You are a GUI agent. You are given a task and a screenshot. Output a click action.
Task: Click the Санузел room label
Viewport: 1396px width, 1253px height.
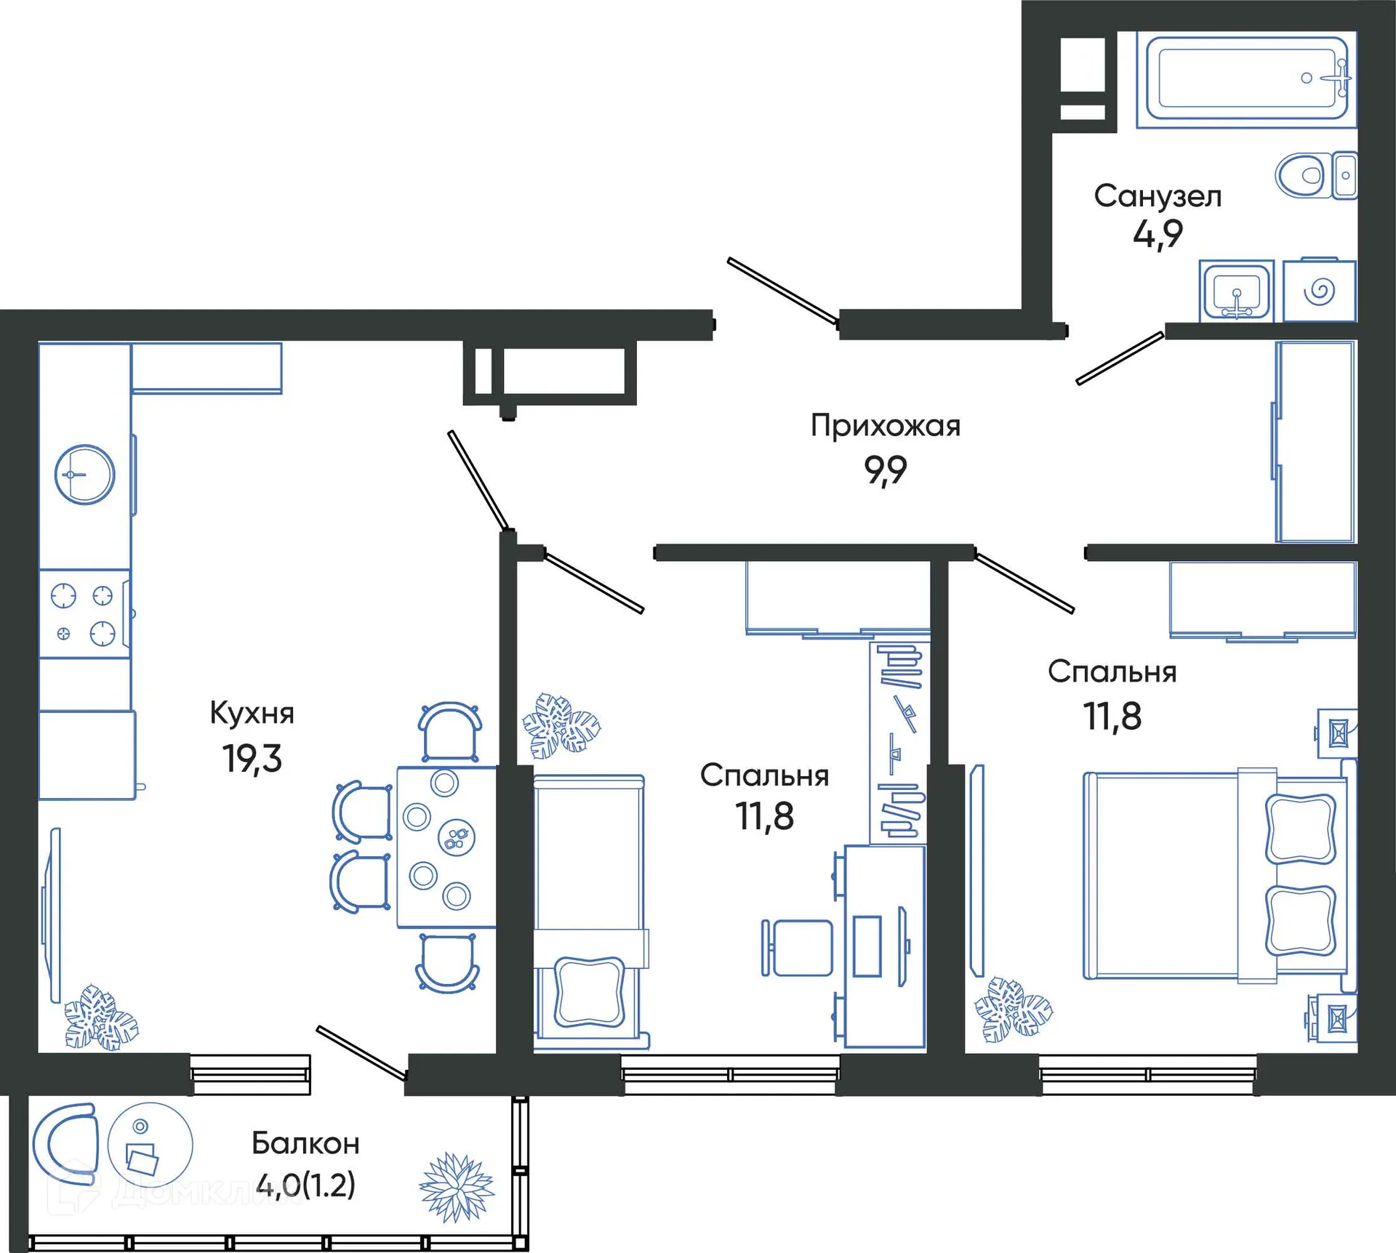(1158, 196)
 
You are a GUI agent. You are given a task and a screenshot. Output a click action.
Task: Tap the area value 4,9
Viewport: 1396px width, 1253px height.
(1158, 234)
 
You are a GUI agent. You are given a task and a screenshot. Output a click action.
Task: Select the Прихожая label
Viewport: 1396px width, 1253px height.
(885, 426)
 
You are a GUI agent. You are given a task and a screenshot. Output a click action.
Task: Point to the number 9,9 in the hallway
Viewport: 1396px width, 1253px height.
(885, 470)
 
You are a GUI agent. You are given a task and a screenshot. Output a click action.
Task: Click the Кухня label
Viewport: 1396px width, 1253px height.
(252, 713)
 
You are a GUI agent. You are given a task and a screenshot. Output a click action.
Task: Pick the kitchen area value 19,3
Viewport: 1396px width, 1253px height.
(252, 759)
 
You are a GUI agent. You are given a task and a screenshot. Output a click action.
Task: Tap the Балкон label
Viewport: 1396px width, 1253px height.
(305, 1144)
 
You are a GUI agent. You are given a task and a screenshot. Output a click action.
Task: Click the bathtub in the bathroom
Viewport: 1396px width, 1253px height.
(1246, 78)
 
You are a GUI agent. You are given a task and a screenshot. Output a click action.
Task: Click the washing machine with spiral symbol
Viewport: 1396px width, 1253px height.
(1319, 291)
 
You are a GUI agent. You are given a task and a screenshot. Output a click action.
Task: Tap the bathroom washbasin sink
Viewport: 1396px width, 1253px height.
(1236, 291)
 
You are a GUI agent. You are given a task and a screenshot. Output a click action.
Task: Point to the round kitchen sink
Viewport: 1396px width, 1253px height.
(85, 475)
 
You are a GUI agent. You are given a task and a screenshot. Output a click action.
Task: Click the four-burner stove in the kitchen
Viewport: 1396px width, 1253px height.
(84, 615)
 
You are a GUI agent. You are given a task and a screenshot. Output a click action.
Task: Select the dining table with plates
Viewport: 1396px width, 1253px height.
(445, 847)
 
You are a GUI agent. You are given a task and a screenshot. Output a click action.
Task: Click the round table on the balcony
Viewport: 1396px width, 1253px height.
(150, 1145)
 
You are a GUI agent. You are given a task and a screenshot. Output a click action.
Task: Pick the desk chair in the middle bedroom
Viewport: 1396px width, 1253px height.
(798, 948)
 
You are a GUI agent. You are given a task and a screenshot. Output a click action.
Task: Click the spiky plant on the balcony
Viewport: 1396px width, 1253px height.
(457, 1186)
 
